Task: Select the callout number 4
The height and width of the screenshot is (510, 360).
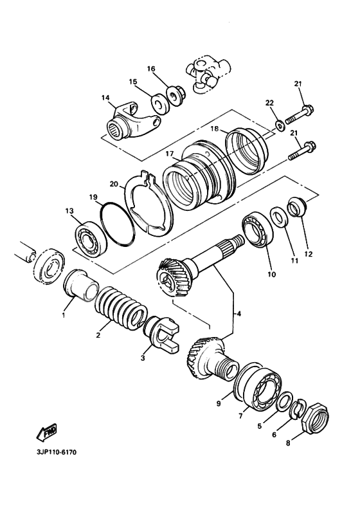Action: (239, 314)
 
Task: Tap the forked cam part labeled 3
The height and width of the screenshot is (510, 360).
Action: (163, 338)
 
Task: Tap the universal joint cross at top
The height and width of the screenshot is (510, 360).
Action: (204, 72)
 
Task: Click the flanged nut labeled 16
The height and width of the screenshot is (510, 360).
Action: (174, 95)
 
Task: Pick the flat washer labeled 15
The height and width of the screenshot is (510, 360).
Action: (155, 103)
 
